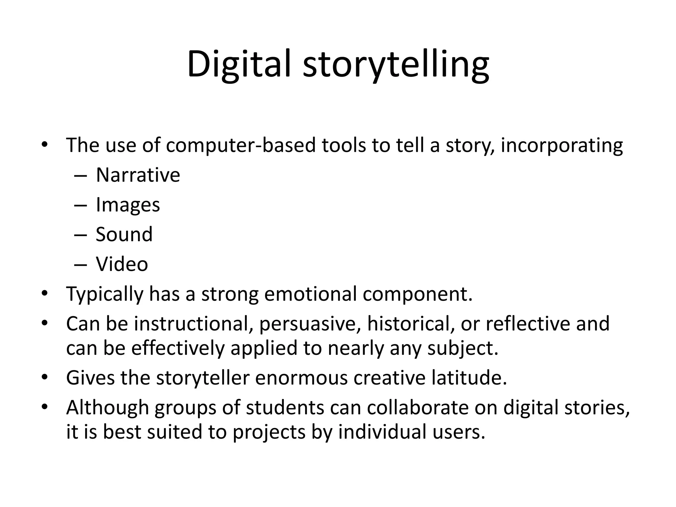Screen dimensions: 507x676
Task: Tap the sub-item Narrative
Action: (x=138, y=175)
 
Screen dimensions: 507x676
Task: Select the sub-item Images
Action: (x=128, y=205)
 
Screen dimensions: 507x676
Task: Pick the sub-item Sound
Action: (x=124, y=234)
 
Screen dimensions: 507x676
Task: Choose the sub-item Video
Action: (x=122, y=264)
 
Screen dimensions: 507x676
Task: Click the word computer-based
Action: (x=241, y=145)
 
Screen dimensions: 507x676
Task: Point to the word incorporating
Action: (x=561, y=145)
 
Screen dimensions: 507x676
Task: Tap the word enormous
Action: (x=301, y=378)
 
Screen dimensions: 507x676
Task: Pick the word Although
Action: (x=107, y=408)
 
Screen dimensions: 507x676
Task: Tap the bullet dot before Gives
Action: (x=45, y=377)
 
